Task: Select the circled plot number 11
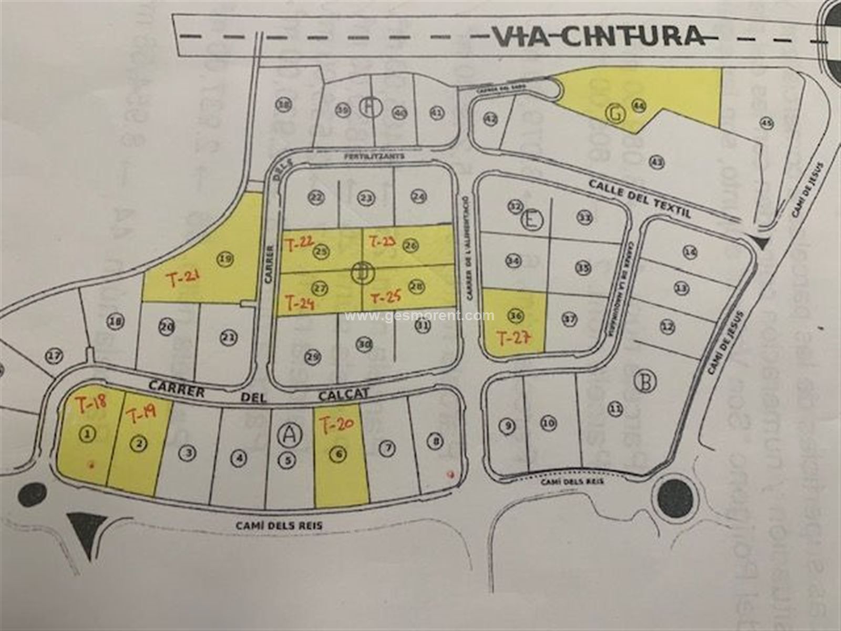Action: point(616,408)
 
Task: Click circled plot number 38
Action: point(284,105)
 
